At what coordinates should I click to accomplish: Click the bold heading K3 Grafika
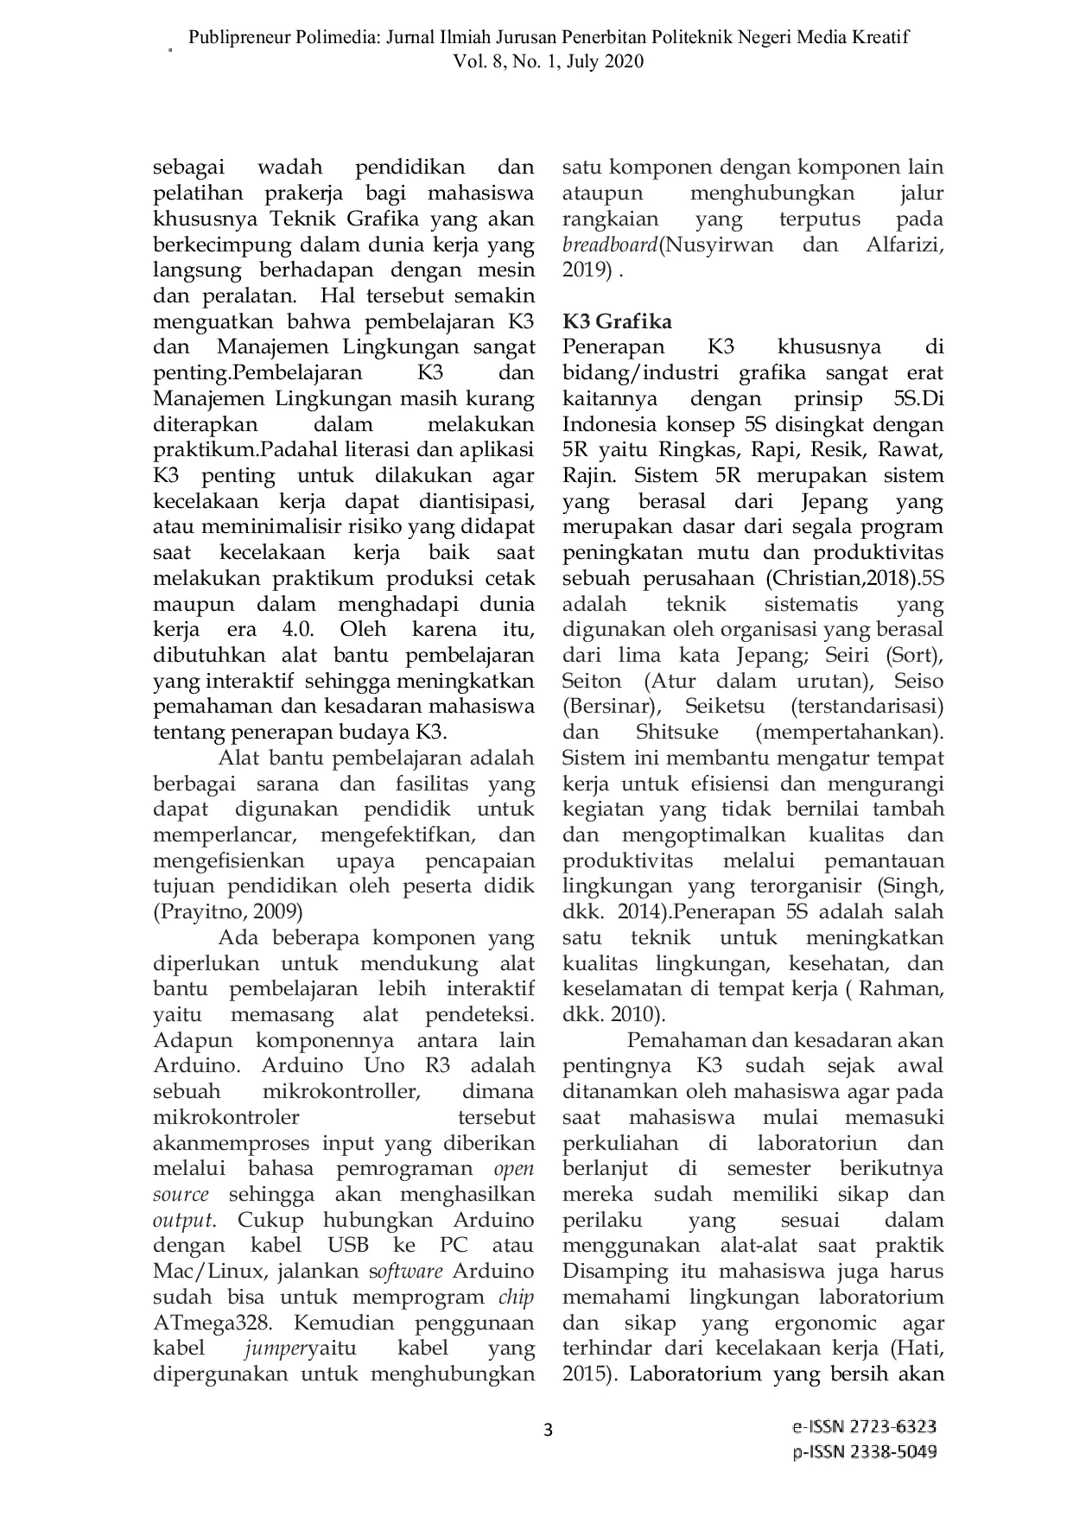point(617,321)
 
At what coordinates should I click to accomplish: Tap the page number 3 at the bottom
point(547,1430)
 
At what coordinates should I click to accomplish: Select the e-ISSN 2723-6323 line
point(864,1426)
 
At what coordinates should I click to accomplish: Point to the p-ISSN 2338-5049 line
point(865,1451)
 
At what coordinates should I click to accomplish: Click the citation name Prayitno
point(192,911)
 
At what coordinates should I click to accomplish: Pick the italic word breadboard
point(610,244)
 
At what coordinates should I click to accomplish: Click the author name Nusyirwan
point(719,244)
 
